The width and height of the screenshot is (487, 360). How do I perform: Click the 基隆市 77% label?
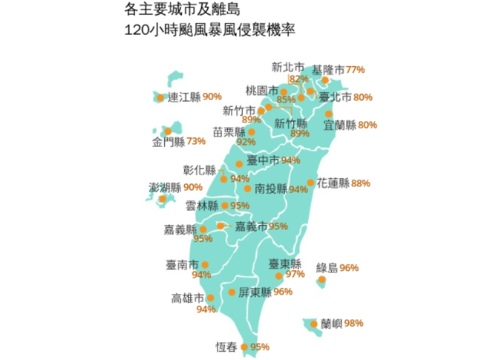point(339,69)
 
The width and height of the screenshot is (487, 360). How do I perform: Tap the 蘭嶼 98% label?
point(342,323)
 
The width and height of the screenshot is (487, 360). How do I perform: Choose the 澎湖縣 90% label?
point(175,187)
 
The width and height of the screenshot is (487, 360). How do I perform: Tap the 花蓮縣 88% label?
point(343,183)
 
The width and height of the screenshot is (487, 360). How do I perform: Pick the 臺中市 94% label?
point(272,160)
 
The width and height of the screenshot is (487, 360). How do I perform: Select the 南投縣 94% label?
point(281,189)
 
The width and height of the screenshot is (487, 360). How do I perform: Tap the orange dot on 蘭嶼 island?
point(316,324)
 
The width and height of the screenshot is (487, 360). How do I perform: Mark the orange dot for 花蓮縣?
point(310,183)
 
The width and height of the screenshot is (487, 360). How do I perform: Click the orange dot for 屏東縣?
point(232,292)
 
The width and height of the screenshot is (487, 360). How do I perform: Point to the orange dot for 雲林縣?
point(225,206)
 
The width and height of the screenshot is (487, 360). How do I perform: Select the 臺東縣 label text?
point(285,264)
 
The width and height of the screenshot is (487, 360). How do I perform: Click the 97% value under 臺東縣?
point(295,274)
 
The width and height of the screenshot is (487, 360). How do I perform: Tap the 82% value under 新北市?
point(298,79)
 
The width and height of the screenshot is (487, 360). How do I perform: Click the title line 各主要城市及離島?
point(177,12)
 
